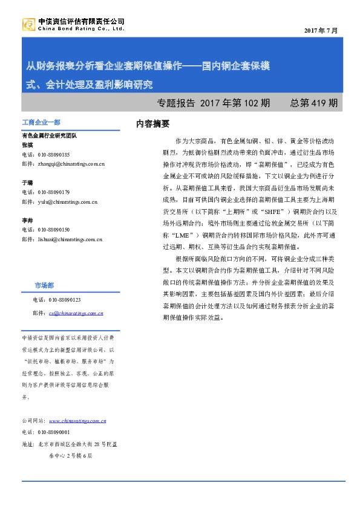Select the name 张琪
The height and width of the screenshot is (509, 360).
pos(27,145)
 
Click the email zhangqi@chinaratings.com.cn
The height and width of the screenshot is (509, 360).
pos(63,163)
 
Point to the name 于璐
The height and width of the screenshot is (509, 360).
pos(27,182)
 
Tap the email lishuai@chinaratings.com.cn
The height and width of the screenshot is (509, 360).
pos(61,239)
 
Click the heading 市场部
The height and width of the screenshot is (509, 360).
pos(44,267)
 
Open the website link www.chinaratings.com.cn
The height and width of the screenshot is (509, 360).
pos(77,421)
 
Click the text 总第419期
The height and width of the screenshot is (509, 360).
pos(314,103)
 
